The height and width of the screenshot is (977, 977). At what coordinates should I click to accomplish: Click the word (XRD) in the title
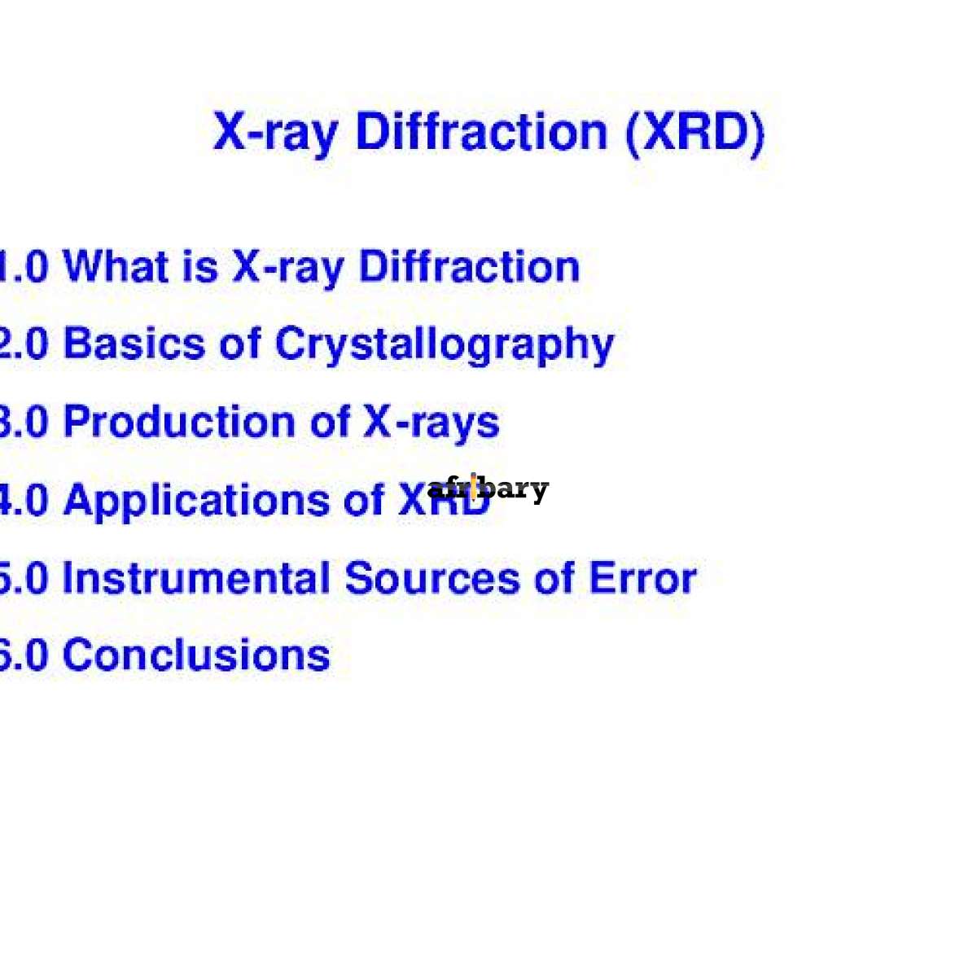coord(695,132)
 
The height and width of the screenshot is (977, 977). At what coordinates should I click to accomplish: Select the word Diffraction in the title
coord(481,132)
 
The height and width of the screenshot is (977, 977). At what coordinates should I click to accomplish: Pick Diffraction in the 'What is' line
coord(470,267)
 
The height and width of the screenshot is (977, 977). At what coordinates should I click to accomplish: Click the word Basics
coord(134,344)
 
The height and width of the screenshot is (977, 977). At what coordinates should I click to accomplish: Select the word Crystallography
coord(445,345)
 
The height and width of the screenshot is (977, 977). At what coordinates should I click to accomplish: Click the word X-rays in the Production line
coord(432,423)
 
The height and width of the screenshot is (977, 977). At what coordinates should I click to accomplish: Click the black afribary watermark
coord(488,489)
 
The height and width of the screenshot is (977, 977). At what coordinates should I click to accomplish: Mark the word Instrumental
coord(195,578)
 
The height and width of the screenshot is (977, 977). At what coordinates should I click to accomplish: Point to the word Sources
coord(432,578)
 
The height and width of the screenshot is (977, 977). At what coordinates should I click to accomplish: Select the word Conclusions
coord(196,655)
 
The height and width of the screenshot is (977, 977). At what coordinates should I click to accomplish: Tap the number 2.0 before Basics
coord(23,344)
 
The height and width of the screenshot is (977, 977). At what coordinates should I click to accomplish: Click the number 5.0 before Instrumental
coord(23,578)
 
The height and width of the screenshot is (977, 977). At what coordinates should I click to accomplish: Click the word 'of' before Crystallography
coord(240,344)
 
